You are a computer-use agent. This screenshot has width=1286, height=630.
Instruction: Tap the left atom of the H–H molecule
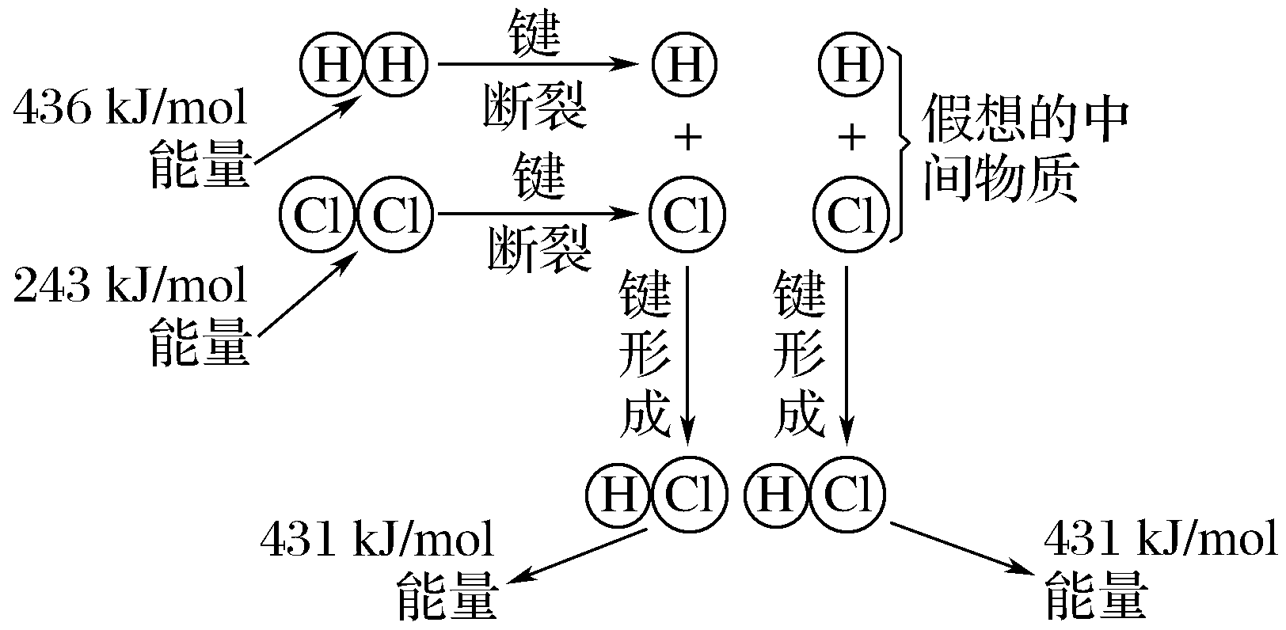point(333,64)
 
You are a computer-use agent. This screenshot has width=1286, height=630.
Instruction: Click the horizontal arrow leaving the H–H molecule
point(538,64)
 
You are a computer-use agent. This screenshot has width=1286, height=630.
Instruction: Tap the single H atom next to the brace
point(851,64)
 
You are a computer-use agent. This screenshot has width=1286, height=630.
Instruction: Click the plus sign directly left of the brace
point(851,140)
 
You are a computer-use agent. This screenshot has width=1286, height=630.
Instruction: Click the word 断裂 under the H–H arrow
point(535,107)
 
